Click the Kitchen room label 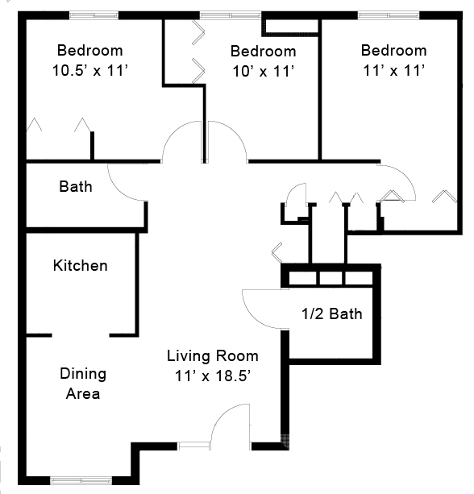click(x=81, y=265)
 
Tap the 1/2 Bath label click(x=332, y=313)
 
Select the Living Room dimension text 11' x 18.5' click(x=213, y=376)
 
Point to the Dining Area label click(x=83, y=384)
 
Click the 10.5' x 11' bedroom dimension click(x=90, y=70)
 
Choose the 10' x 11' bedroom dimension click(x=264, y=71)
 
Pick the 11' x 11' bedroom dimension click(x=394, y=70)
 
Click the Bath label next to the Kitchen click(x=76, y=186)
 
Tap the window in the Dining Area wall click(x=81, y=481)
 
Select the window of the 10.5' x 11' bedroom click(x=94, y=15)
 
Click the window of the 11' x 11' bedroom click(x=389, y=15)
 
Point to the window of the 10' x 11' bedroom click(x=231, y=15)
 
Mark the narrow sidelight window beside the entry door click(x=194, y=446)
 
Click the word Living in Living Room click(x=189, y=356)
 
